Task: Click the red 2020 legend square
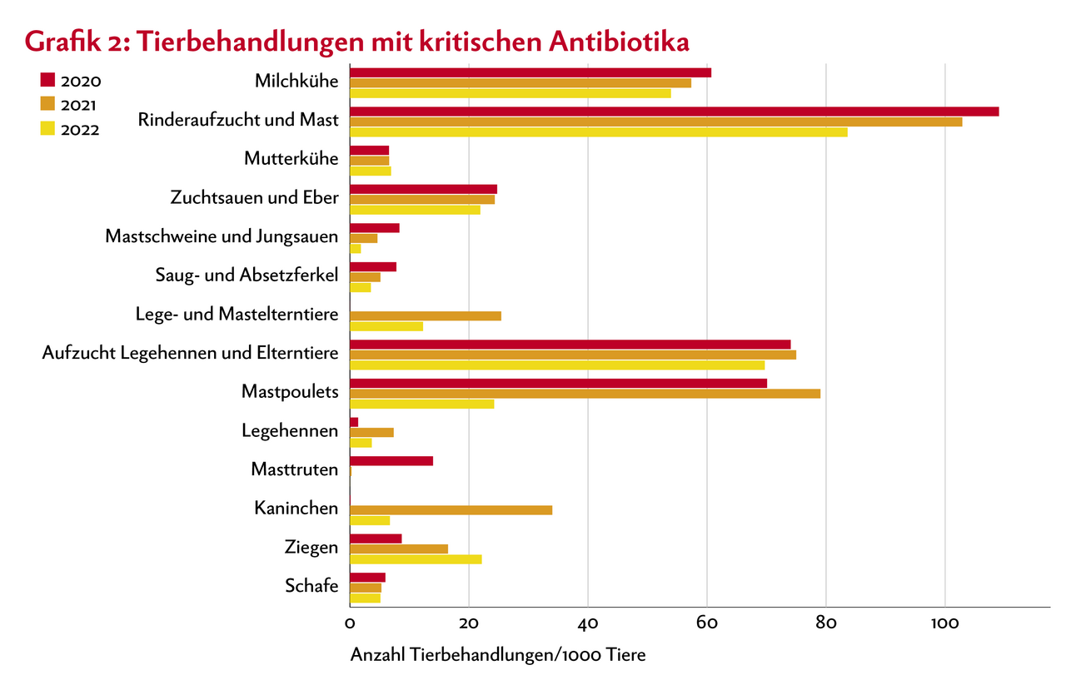tap(47, 81)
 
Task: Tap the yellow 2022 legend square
tap(47, 128)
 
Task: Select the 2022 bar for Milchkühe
tap(510, 93)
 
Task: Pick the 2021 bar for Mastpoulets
tap(585, 394)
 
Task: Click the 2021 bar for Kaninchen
tap(451, 509)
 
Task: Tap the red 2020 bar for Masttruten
tap(391, 460)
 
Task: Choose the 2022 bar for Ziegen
tap(416, 558)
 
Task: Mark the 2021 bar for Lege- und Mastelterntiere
tap(425, 315)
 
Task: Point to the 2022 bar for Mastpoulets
tap(421, 404)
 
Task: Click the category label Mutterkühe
tap(291, 159)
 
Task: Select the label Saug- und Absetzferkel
tap(247, 275)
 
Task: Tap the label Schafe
tap(311, 586)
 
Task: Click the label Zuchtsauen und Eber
tap(254, 198)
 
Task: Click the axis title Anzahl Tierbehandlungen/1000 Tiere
tap(497, 655)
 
